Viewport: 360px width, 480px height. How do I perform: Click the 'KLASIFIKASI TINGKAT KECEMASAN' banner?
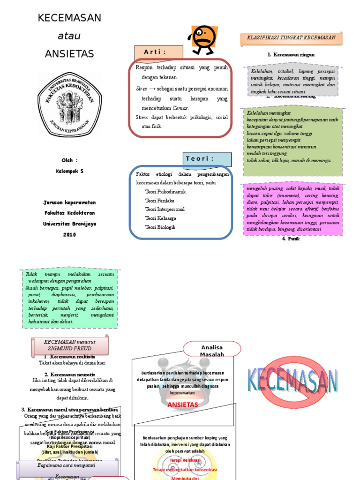click(291, 38)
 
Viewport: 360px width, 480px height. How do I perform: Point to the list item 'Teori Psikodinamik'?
click(165, 192)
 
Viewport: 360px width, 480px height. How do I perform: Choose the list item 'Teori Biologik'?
click(160, 227)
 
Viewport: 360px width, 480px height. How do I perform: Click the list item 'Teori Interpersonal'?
click(165, 210)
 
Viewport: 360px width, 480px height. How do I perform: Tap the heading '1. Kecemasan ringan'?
click(291, 54)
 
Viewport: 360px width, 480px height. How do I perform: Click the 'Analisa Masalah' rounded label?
click(212, 351)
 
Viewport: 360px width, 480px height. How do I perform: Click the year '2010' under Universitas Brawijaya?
click(69, 234)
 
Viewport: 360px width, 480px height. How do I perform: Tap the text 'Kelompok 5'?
click(69, 171)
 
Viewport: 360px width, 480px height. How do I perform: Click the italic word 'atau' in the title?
click(69, 36)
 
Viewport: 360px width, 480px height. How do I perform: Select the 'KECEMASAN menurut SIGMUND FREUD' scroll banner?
click(69, 345)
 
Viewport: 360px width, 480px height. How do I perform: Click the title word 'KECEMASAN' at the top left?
click(69, 18)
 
